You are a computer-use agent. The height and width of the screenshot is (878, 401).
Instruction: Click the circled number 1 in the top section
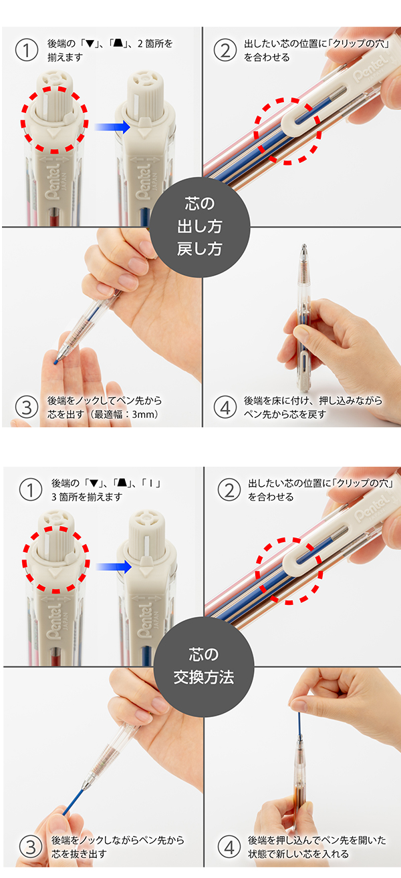[26, 50]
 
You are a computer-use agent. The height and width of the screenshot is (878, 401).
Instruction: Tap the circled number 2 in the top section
[225, 50]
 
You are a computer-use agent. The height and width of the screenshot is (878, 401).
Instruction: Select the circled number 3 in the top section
[26, 407]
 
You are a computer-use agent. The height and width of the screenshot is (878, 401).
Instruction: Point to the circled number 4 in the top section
[225, 407]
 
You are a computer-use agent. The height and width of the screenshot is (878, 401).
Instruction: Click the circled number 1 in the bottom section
[30, 490]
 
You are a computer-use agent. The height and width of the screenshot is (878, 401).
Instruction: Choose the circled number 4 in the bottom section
[229, 847]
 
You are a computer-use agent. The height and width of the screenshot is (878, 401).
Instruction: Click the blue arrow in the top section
[112, 127]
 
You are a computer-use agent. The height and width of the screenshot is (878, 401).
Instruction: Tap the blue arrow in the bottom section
[114, 567]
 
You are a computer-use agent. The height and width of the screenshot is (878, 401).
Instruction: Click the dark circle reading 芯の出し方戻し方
[200, 227]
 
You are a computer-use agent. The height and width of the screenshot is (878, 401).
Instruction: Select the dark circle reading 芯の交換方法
[204, 667]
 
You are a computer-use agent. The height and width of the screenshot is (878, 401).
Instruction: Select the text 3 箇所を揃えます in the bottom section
[87, 497]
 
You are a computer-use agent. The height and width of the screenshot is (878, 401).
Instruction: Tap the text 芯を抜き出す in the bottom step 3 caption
[79, 854]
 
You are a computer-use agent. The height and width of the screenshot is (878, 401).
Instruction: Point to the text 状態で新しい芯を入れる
[298, 854]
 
